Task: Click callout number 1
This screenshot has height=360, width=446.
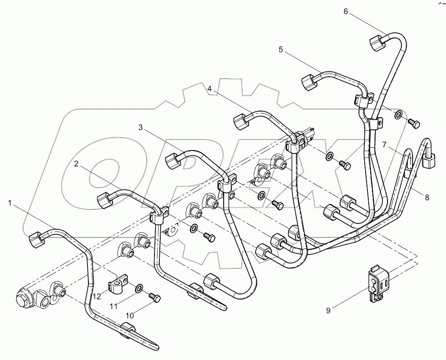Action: pyautogui.click(x=10, y=203)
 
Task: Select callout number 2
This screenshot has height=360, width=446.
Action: pyautogui.click(x=76, y=164)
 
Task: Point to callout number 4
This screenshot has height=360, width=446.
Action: pyautogui.click(x=209, y=89)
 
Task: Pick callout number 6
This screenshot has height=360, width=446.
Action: pyautogui.click(x=346, y=11)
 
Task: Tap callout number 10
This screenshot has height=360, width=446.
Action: pyautogui.click(x=129, y=315)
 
